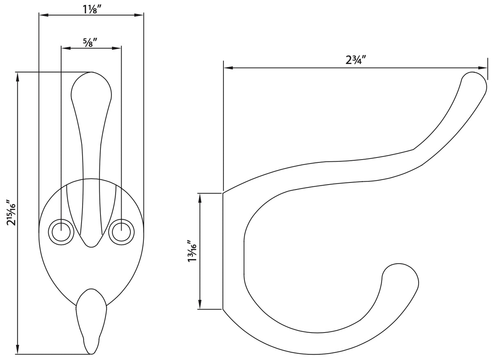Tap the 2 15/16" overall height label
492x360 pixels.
[x=11, y=213]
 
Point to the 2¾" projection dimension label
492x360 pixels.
[x=355, y=60]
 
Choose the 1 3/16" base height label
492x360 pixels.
[x=191, y=251]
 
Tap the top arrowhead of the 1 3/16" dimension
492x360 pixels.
[x=200, y=197]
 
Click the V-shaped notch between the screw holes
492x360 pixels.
[x=91, y=245]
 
